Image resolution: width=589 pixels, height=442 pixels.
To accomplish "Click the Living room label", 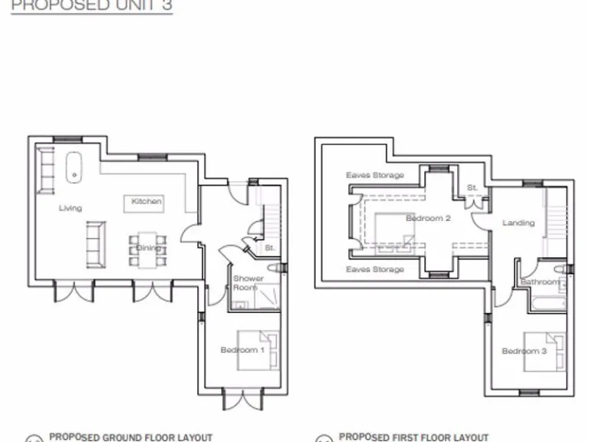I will click(x=70, y=208).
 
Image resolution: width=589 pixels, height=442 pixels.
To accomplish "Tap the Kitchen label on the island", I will click(x=146, y=202).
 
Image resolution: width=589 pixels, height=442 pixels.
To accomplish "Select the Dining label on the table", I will click(x=148, y=248).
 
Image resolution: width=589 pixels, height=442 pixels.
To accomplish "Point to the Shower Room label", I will click(x=248, y=283).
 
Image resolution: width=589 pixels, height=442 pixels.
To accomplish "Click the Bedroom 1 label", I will click(x=242, y=350).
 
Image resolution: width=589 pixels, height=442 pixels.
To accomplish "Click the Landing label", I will click(x=518, y=223).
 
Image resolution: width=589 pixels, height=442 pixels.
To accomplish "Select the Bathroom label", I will click(x=540, y=282).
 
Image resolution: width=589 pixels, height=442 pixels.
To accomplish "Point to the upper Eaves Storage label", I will click(x=375, y=176).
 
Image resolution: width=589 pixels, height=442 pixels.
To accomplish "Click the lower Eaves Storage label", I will click(x=375, y=270).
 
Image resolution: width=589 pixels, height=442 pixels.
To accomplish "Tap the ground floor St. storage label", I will click(x=270, y=248).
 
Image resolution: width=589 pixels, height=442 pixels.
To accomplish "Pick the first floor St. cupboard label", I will click(x=472, y=187).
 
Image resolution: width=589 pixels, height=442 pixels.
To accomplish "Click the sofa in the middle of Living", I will click(x=96, y=244).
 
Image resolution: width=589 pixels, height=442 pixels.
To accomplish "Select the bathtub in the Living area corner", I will click(x=74, y=167).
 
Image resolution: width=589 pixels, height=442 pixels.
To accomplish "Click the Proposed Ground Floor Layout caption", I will click(x=130, y=437).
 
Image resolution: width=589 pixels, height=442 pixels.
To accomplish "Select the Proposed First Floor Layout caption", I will click(x=413, y=437).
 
